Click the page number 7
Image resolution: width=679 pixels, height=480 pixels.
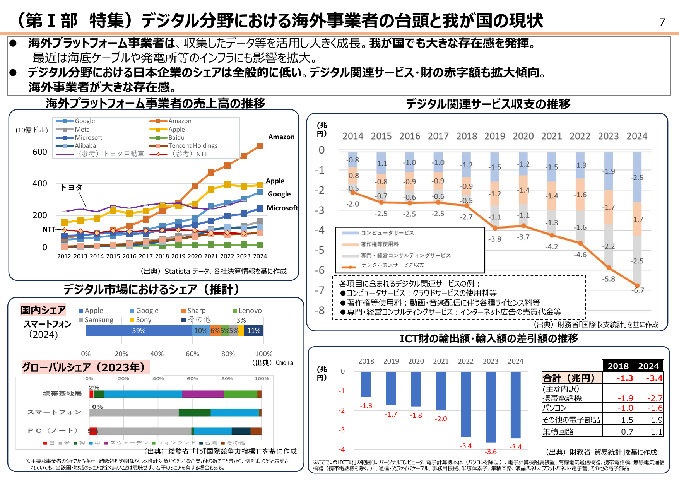[662, 22]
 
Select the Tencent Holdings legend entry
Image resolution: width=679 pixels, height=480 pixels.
[193, 146]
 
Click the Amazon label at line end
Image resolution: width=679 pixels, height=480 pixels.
[281, 137]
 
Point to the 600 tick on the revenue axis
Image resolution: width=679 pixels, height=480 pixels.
[40, 152]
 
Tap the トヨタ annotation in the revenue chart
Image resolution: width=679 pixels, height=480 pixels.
[72, 187]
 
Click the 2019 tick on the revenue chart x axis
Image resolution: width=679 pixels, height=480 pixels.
[178, 256]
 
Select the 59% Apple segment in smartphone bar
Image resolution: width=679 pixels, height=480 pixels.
[139, 331]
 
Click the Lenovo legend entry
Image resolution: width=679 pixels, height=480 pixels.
[250, 311]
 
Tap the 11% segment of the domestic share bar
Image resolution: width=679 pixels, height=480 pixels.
[254, 331]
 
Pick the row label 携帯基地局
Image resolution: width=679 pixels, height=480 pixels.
[62, 394]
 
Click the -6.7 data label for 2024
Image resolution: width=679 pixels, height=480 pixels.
[638, 290]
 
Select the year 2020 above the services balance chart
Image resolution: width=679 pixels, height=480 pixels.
[523, 136]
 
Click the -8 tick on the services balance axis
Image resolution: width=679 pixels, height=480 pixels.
[320, 311]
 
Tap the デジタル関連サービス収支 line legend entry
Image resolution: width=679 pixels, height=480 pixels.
[392, 265]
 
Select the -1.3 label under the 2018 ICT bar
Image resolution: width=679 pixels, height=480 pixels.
[366, 406]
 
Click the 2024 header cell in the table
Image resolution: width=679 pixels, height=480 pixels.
[648, 366]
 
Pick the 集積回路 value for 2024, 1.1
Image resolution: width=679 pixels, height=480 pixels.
[656, 432]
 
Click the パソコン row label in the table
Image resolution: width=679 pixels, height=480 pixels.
[554, 408]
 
